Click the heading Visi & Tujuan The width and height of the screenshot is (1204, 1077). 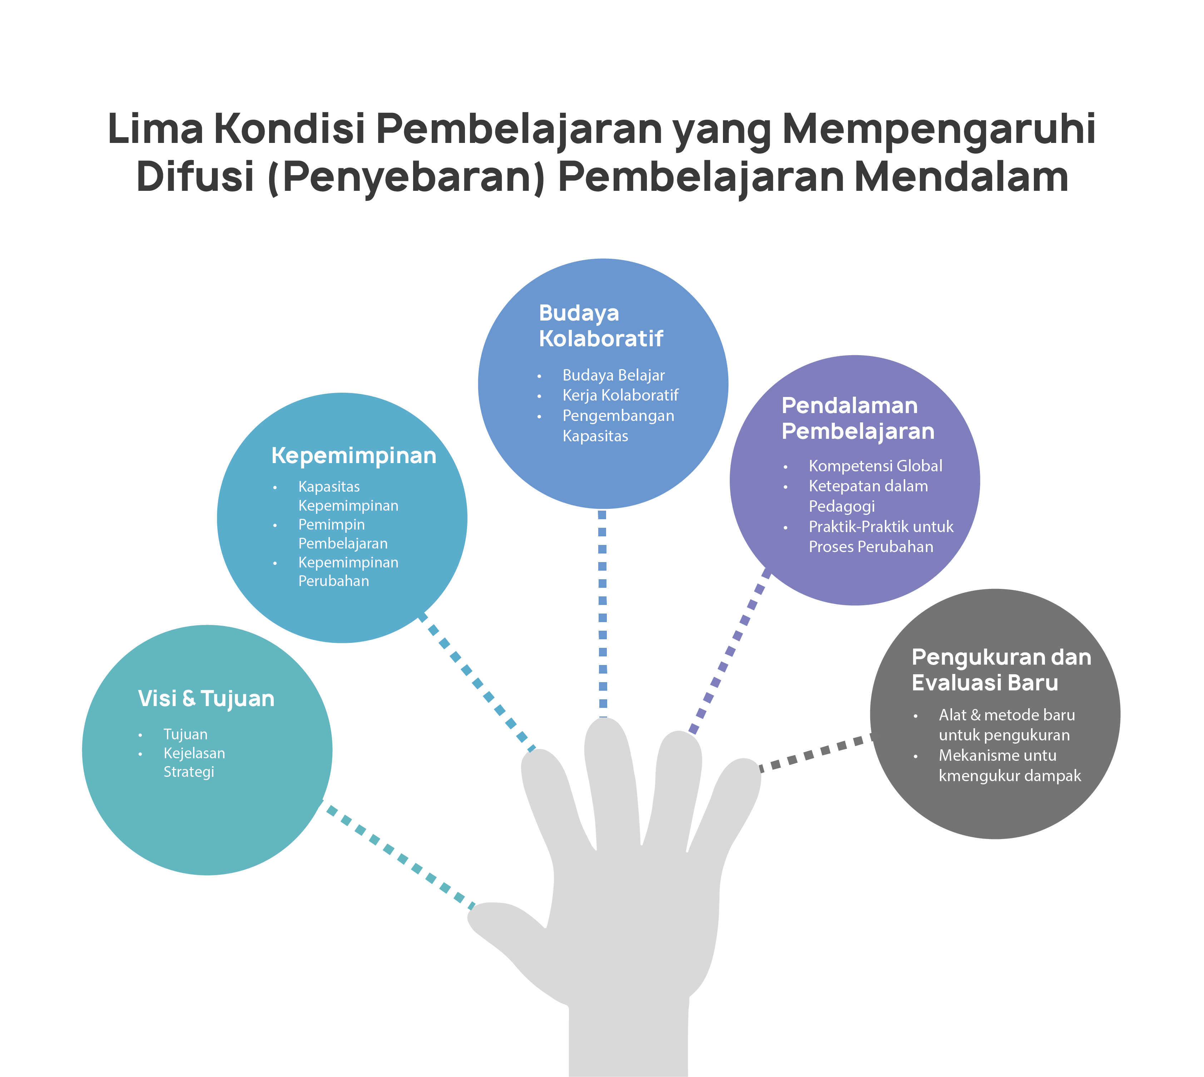pyautogui.click(x=206, y=699)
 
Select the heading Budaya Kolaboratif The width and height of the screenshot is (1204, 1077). pyautogui.click(x=600, y=326)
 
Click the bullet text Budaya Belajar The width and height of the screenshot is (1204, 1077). pyautogui.click(x=613, y=375)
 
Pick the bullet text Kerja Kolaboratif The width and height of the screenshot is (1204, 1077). pyautogui.click(x=620, y=395)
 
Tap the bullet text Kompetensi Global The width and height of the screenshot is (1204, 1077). pyautogui.click(x=875, y=466)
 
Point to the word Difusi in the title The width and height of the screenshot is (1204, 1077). pyautogui.click(x=195, y=177)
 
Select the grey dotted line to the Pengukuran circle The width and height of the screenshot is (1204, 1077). pyautogui.click(x=816, y=753)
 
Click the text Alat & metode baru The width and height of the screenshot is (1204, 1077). pyautogui.click(x=1006, y=715)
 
